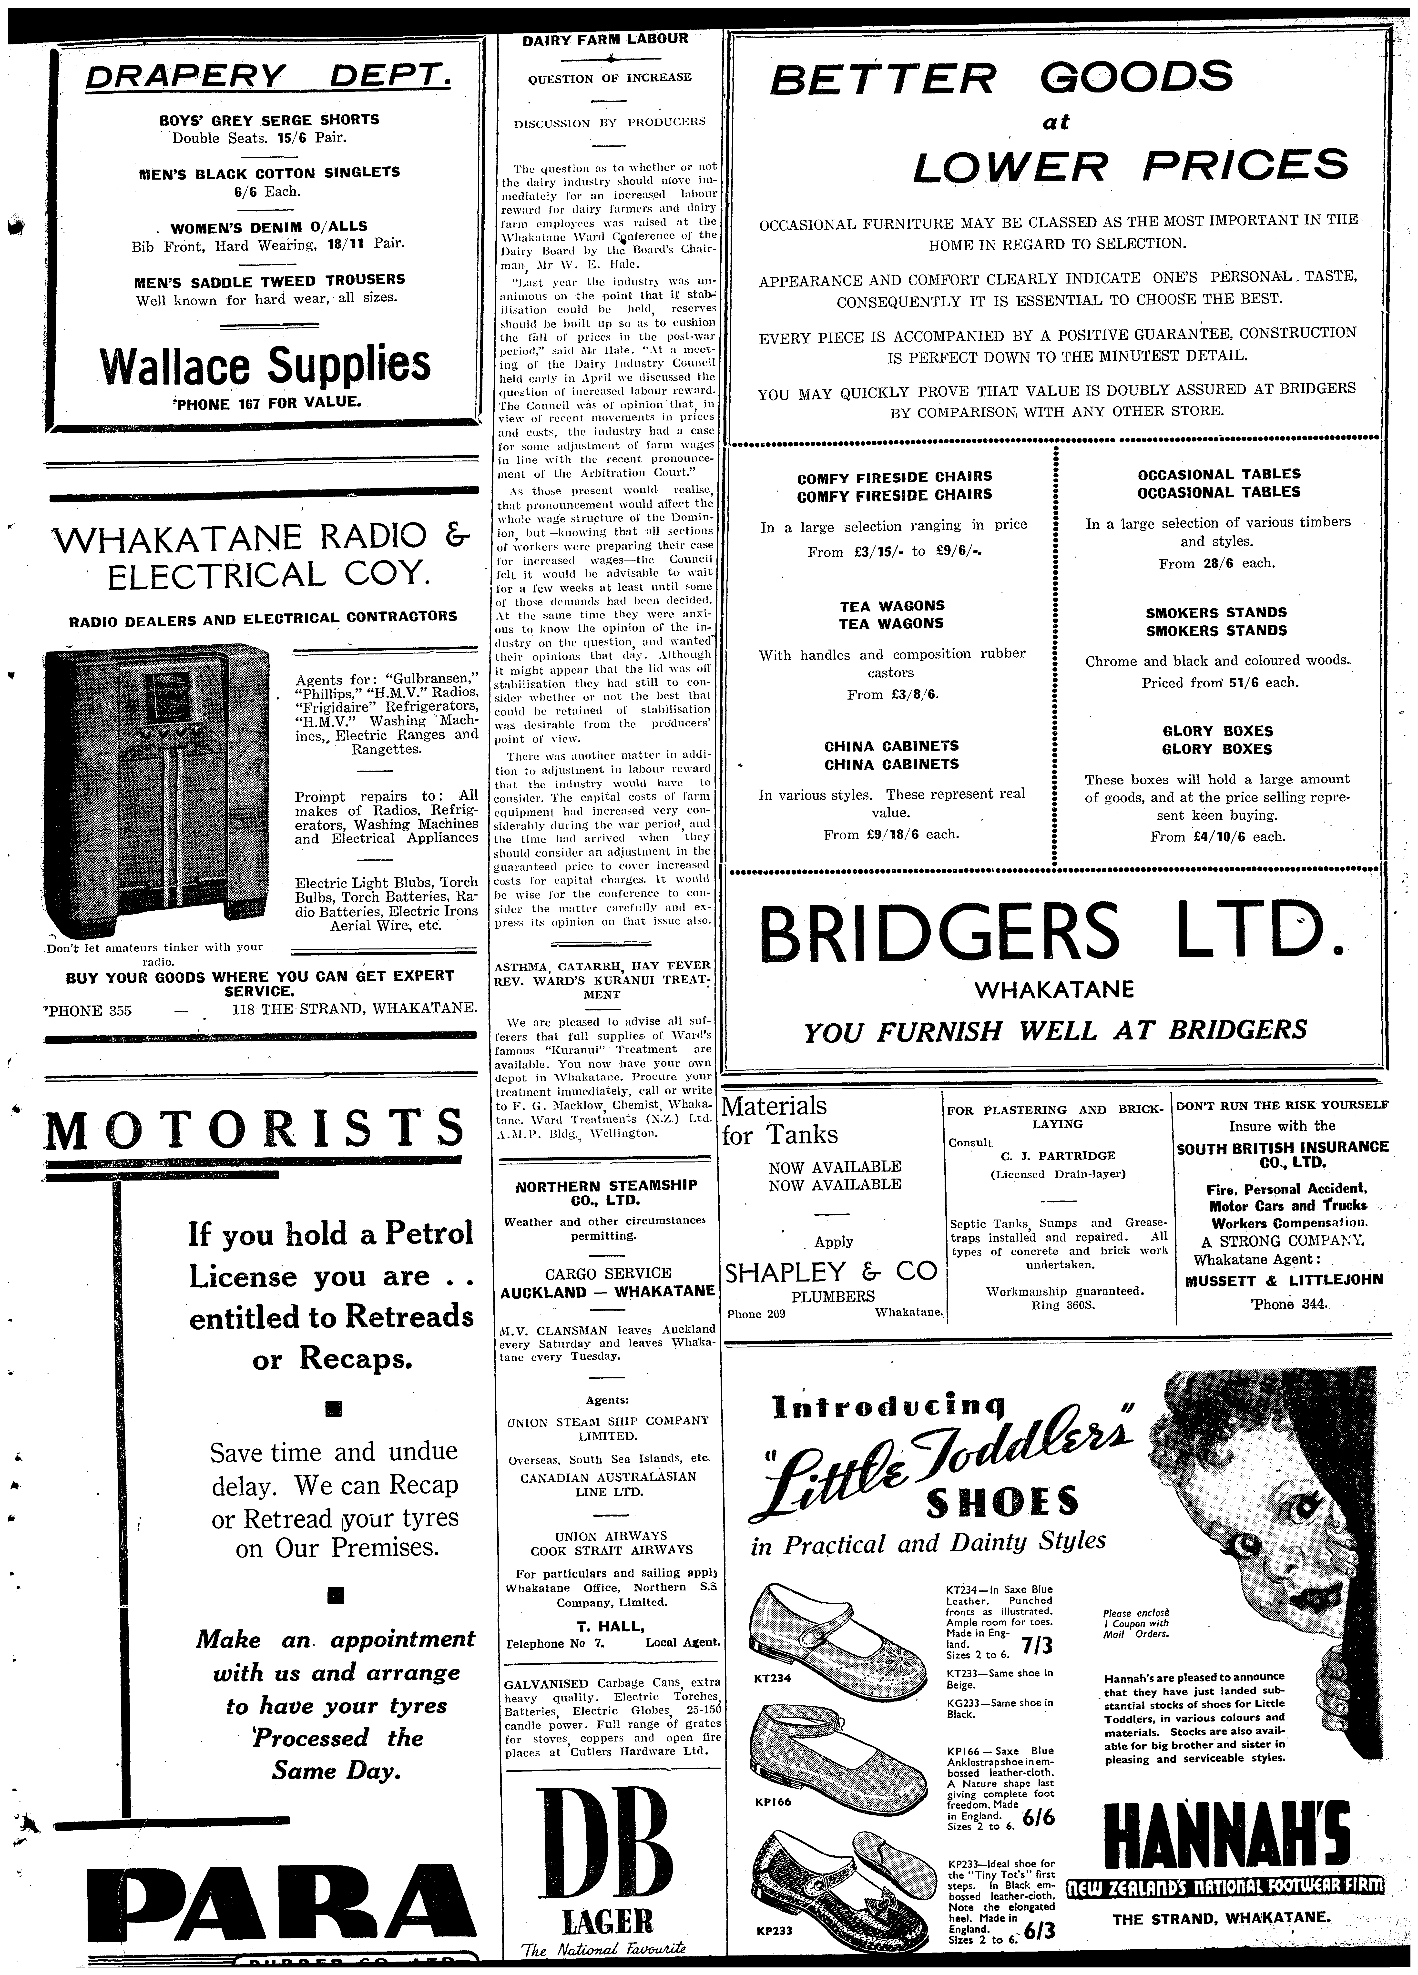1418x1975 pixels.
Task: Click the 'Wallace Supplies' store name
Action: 266,364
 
